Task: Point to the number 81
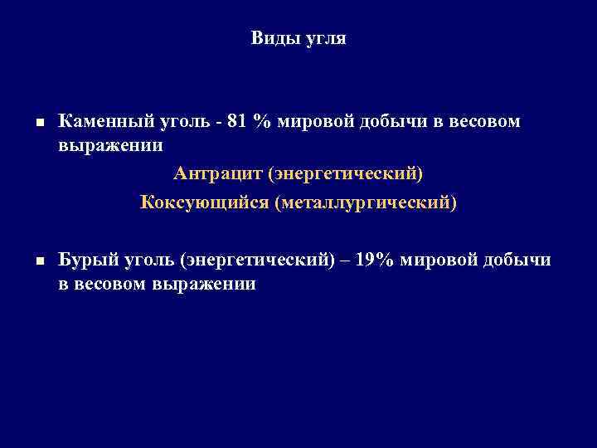click(236, 122)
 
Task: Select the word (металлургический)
click(371, 202)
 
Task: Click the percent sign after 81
click(262, 122)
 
